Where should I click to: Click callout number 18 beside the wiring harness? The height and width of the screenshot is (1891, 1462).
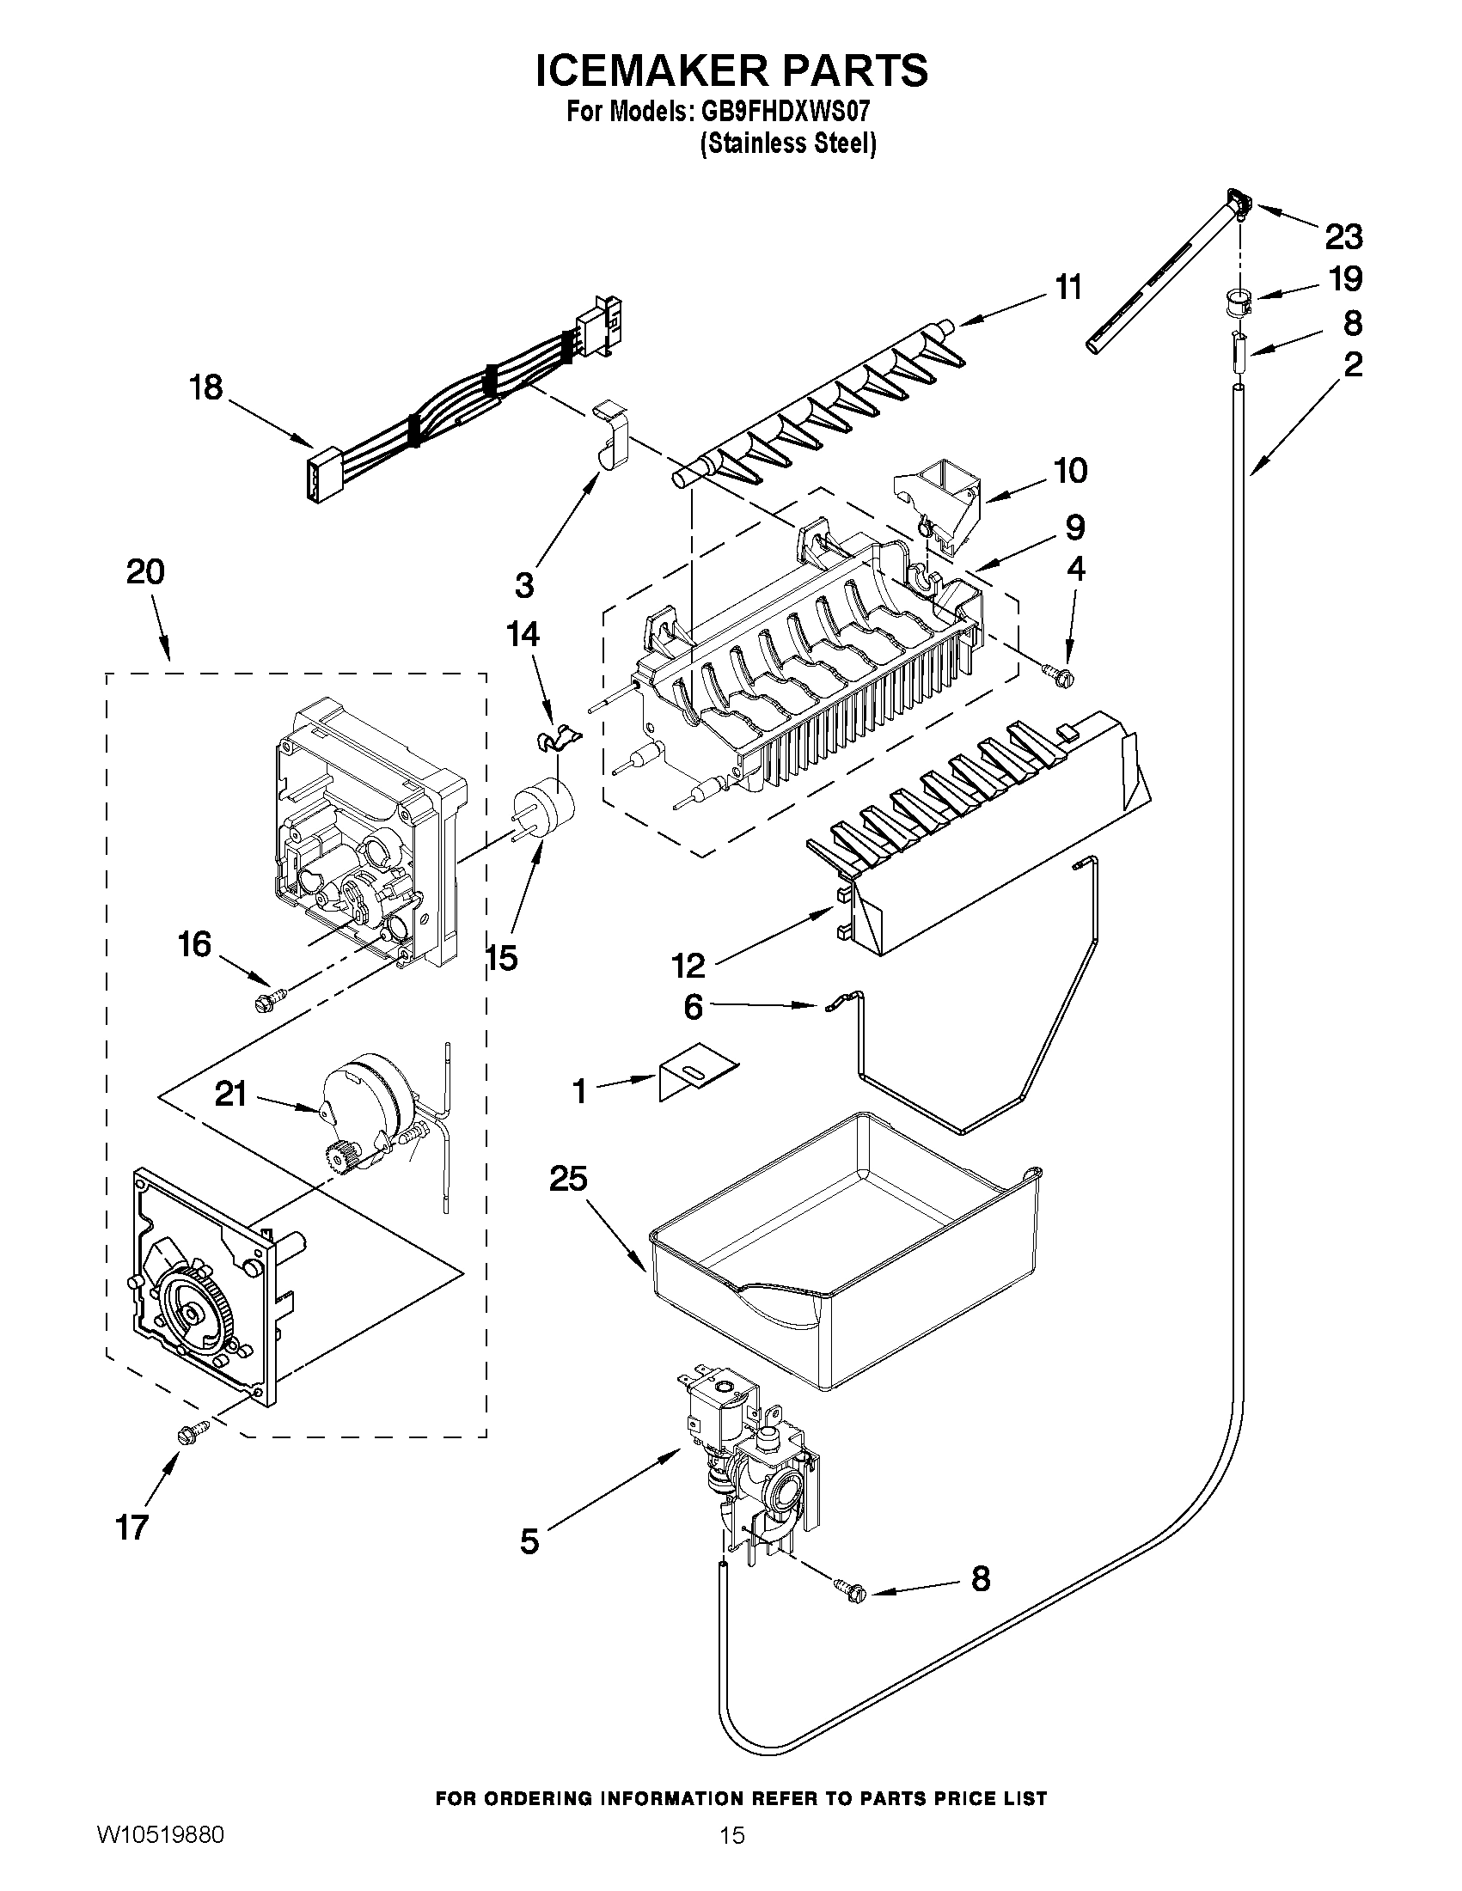click(206, 387)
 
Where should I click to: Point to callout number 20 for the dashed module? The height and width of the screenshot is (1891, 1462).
click(145, 572)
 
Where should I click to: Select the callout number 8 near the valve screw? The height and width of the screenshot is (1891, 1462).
click(980, 1579)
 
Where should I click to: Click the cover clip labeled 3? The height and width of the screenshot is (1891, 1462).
click(611, 433)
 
